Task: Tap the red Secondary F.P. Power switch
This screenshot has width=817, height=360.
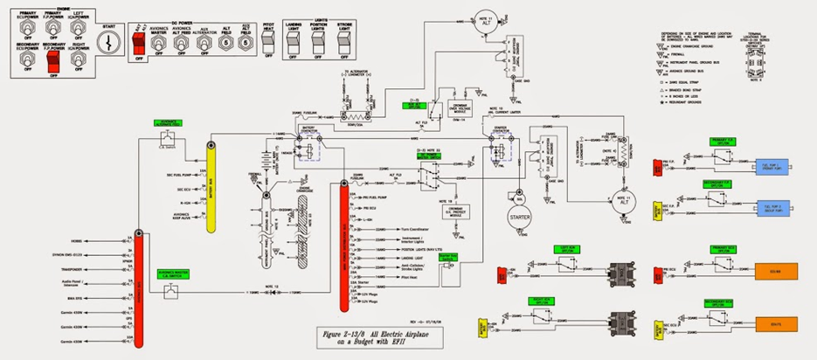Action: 52,62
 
